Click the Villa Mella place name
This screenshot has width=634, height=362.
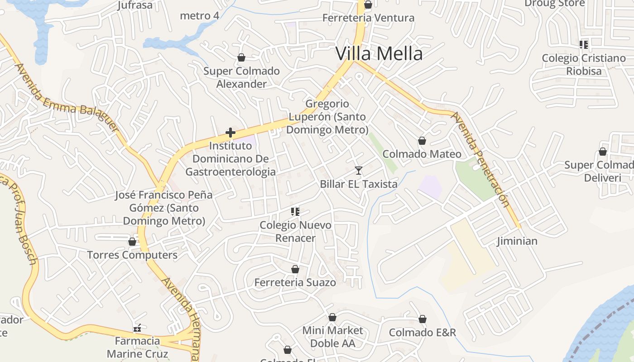(x=379, y=54)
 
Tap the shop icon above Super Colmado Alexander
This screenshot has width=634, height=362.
(x=241, y=57)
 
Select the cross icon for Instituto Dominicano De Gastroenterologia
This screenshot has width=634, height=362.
(x=231, y=133)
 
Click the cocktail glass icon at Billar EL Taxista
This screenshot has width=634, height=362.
(x=359, y=171)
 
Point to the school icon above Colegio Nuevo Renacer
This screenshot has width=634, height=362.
(x=295, y=211)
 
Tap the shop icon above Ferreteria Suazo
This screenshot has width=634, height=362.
(x=295, y=269)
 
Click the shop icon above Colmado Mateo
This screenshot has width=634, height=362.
(x=422, y=141)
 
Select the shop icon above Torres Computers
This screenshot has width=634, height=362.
(x=132, y=242)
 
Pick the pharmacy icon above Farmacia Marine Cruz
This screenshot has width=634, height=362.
(x=137, y=328)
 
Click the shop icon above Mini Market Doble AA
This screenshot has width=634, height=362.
(x=332, y=317)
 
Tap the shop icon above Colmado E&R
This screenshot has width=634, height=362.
(x=423, y=319)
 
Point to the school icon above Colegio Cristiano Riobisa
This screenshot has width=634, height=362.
(x=584, y=44)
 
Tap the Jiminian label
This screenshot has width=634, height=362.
(x=517, y=241)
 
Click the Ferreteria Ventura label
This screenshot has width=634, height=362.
(x=368, y=18)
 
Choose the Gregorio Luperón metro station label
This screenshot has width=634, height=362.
(x=327, y=117)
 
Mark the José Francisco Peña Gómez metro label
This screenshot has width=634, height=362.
(x=164, y=208)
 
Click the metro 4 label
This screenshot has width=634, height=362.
(x=200, y=16)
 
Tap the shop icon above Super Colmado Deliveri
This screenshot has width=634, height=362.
(x=603, y=152)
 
